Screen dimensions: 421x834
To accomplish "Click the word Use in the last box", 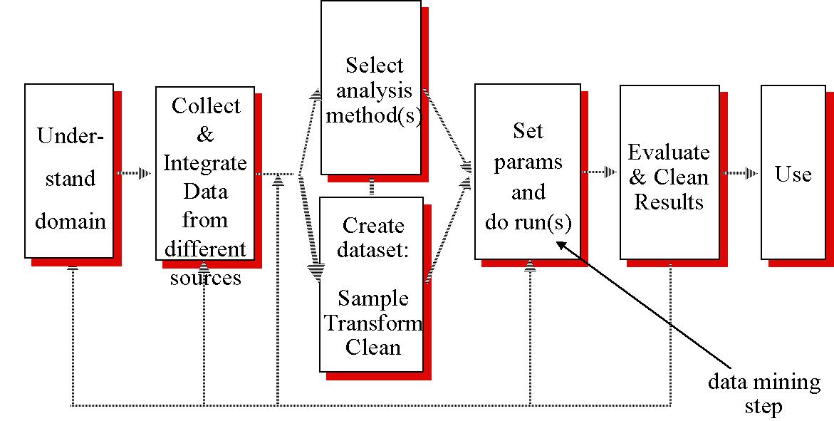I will (793, 175).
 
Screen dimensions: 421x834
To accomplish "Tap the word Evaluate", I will (669, 153).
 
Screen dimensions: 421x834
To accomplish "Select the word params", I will (528, 162).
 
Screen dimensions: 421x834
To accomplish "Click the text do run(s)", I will (528, 222).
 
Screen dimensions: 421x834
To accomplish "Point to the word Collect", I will (206, 106).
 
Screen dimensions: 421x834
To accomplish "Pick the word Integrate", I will (205, 163).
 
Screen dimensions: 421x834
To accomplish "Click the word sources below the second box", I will (205, 277).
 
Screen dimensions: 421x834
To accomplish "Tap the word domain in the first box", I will (71, 221).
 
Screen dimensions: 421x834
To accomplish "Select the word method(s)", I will (372, 115).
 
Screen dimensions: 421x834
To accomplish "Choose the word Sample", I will (372, 298).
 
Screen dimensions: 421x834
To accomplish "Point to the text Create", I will (372, 226).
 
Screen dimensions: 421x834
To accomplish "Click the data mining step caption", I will (763, 394).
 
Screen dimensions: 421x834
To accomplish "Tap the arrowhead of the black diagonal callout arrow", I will (559, 244).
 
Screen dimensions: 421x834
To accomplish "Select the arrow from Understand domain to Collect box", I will (135, 173).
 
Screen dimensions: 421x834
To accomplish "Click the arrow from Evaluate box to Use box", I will (741, 173).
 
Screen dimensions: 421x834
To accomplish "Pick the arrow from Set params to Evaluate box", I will (599, 172).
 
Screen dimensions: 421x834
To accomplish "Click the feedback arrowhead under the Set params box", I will (529, 265).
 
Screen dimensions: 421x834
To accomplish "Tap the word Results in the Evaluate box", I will (669, 202).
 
